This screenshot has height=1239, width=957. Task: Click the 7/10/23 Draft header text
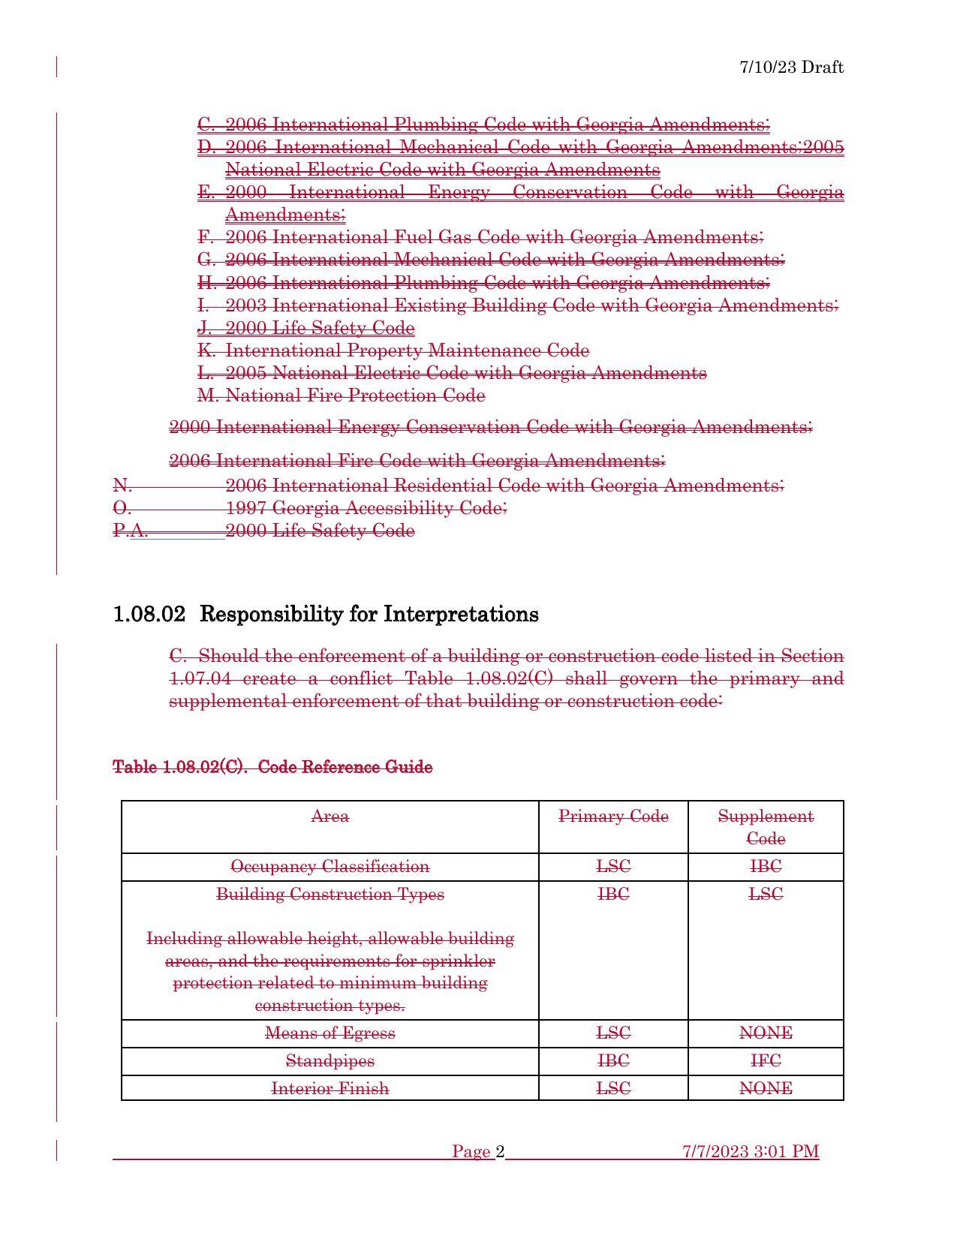[791, 68]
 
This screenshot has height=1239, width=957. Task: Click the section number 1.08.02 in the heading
[149, 615]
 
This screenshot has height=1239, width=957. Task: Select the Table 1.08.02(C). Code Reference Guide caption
[272, 767]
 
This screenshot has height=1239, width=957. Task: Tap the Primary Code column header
[613, 816]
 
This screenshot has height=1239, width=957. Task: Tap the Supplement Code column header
[766, 827]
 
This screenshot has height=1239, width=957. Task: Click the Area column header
[330, 816]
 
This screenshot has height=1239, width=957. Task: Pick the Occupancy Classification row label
[330, 867]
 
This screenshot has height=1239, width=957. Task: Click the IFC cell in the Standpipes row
[766, 1061]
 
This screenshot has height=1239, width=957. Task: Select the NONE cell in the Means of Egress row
[766, 1033]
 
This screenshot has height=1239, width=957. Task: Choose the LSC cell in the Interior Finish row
[613, 1088]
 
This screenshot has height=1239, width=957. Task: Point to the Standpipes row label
[330, 1061]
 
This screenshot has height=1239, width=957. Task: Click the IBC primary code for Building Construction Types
[613, 895]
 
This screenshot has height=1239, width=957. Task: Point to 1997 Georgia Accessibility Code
[366, 509]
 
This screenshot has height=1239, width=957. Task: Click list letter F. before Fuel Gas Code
[206, 238]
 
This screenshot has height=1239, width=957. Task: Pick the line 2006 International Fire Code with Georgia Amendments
[417, 460]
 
